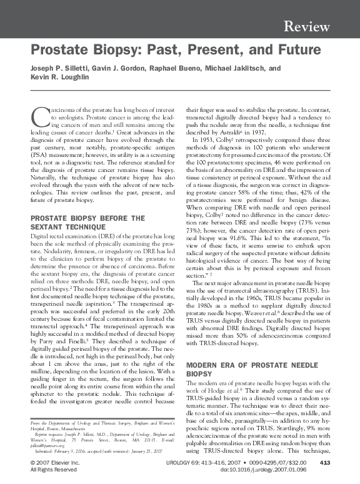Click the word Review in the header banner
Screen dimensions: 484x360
[x=306, y=26]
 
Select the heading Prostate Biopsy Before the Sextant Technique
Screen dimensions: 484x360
[x=87, y=222]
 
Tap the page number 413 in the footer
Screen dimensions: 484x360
[x=324, y=462]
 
